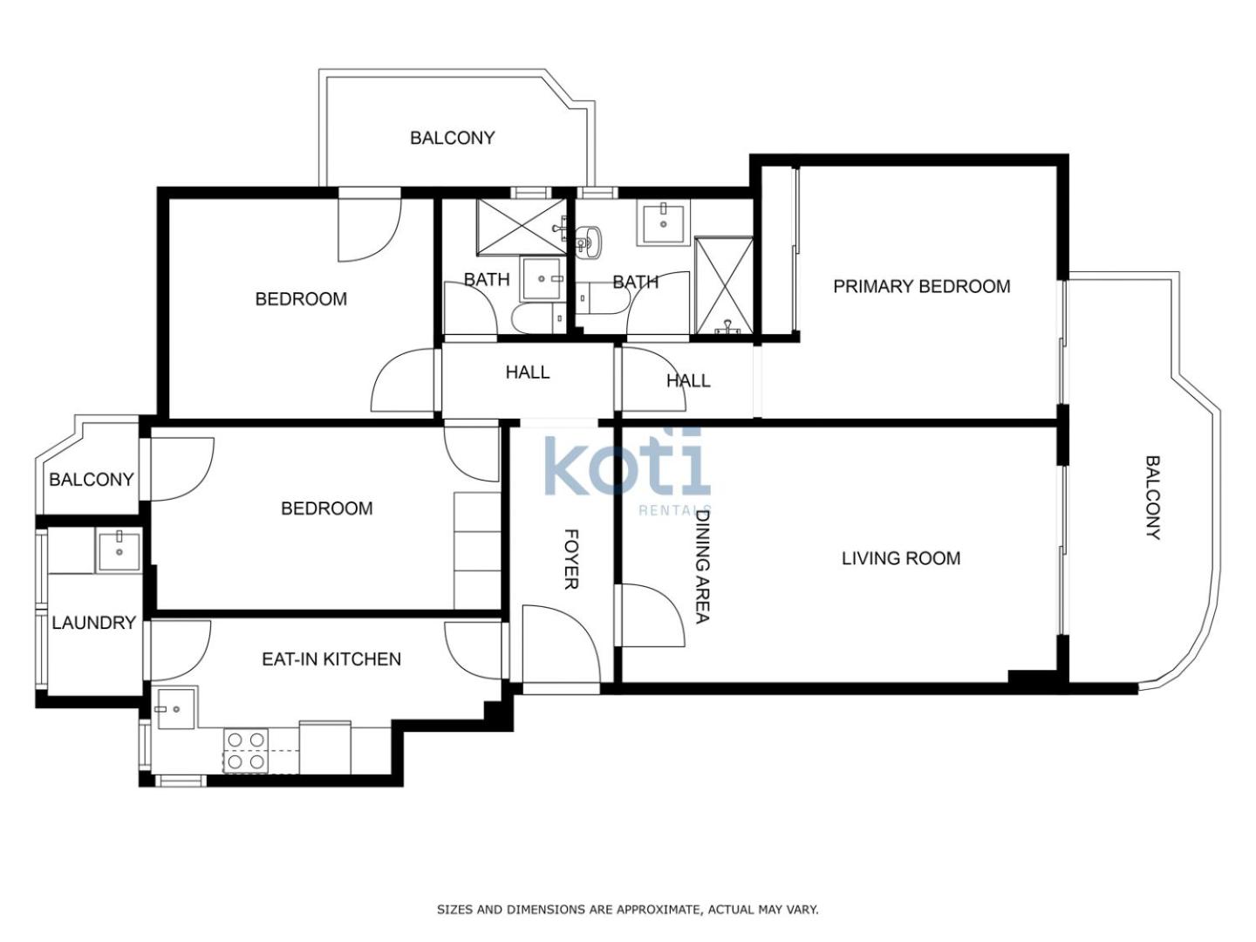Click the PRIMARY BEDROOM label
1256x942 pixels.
click(x=921, y=286)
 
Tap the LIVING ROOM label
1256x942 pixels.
click(x=901, y=557)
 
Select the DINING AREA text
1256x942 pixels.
click(x=702, y=566)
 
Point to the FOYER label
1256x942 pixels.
click(x=571, y=559)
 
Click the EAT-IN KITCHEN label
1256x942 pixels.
click(x=331, y=659)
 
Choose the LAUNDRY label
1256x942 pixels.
click(x=94, y=622)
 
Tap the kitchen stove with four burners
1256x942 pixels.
click(x=246, y=750)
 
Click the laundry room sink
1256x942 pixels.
click(x=119, y=551)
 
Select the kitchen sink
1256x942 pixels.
click(x=175, y=708)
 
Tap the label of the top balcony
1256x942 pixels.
click(x=452, y=138)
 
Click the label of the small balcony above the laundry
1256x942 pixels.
click(x=92, y=480)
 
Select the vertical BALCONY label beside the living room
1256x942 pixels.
click(x=1153, y=497)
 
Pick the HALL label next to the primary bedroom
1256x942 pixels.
click(x=688, y=380)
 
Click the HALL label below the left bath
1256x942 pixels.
click(x=528, y=372)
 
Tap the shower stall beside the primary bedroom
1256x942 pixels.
click(x=723, y=285)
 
